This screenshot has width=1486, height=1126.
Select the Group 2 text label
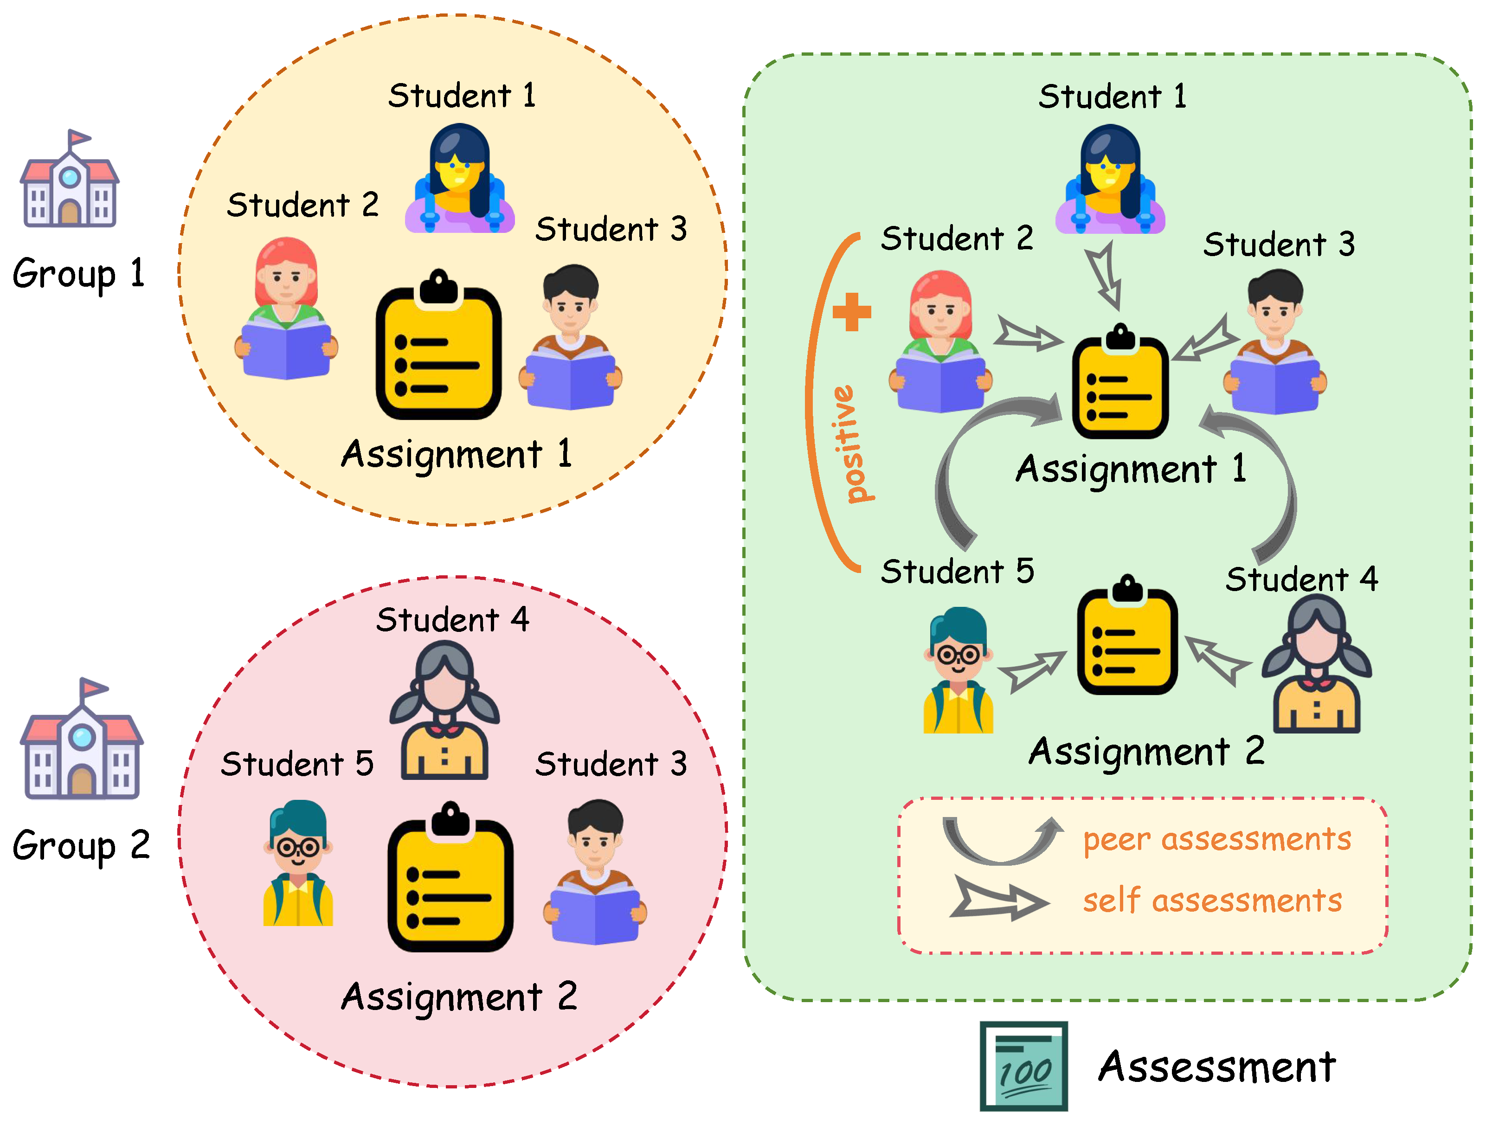point(81,845)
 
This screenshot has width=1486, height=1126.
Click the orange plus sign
point(851,312)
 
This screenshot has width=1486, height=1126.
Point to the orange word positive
point(851,444)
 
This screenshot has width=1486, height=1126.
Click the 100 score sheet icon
point(1023,1066)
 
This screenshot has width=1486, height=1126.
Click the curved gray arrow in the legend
point(1001,840)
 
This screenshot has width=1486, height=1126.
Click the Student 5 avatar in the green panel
point(958,670)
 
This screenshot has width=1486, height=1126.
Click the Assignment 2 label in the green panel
point(1146,752)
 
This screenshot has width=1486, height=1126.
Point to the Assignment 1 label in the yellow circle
point(457,454)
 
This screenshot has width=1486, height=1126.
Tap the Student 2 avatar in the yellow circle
point(286,309)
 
